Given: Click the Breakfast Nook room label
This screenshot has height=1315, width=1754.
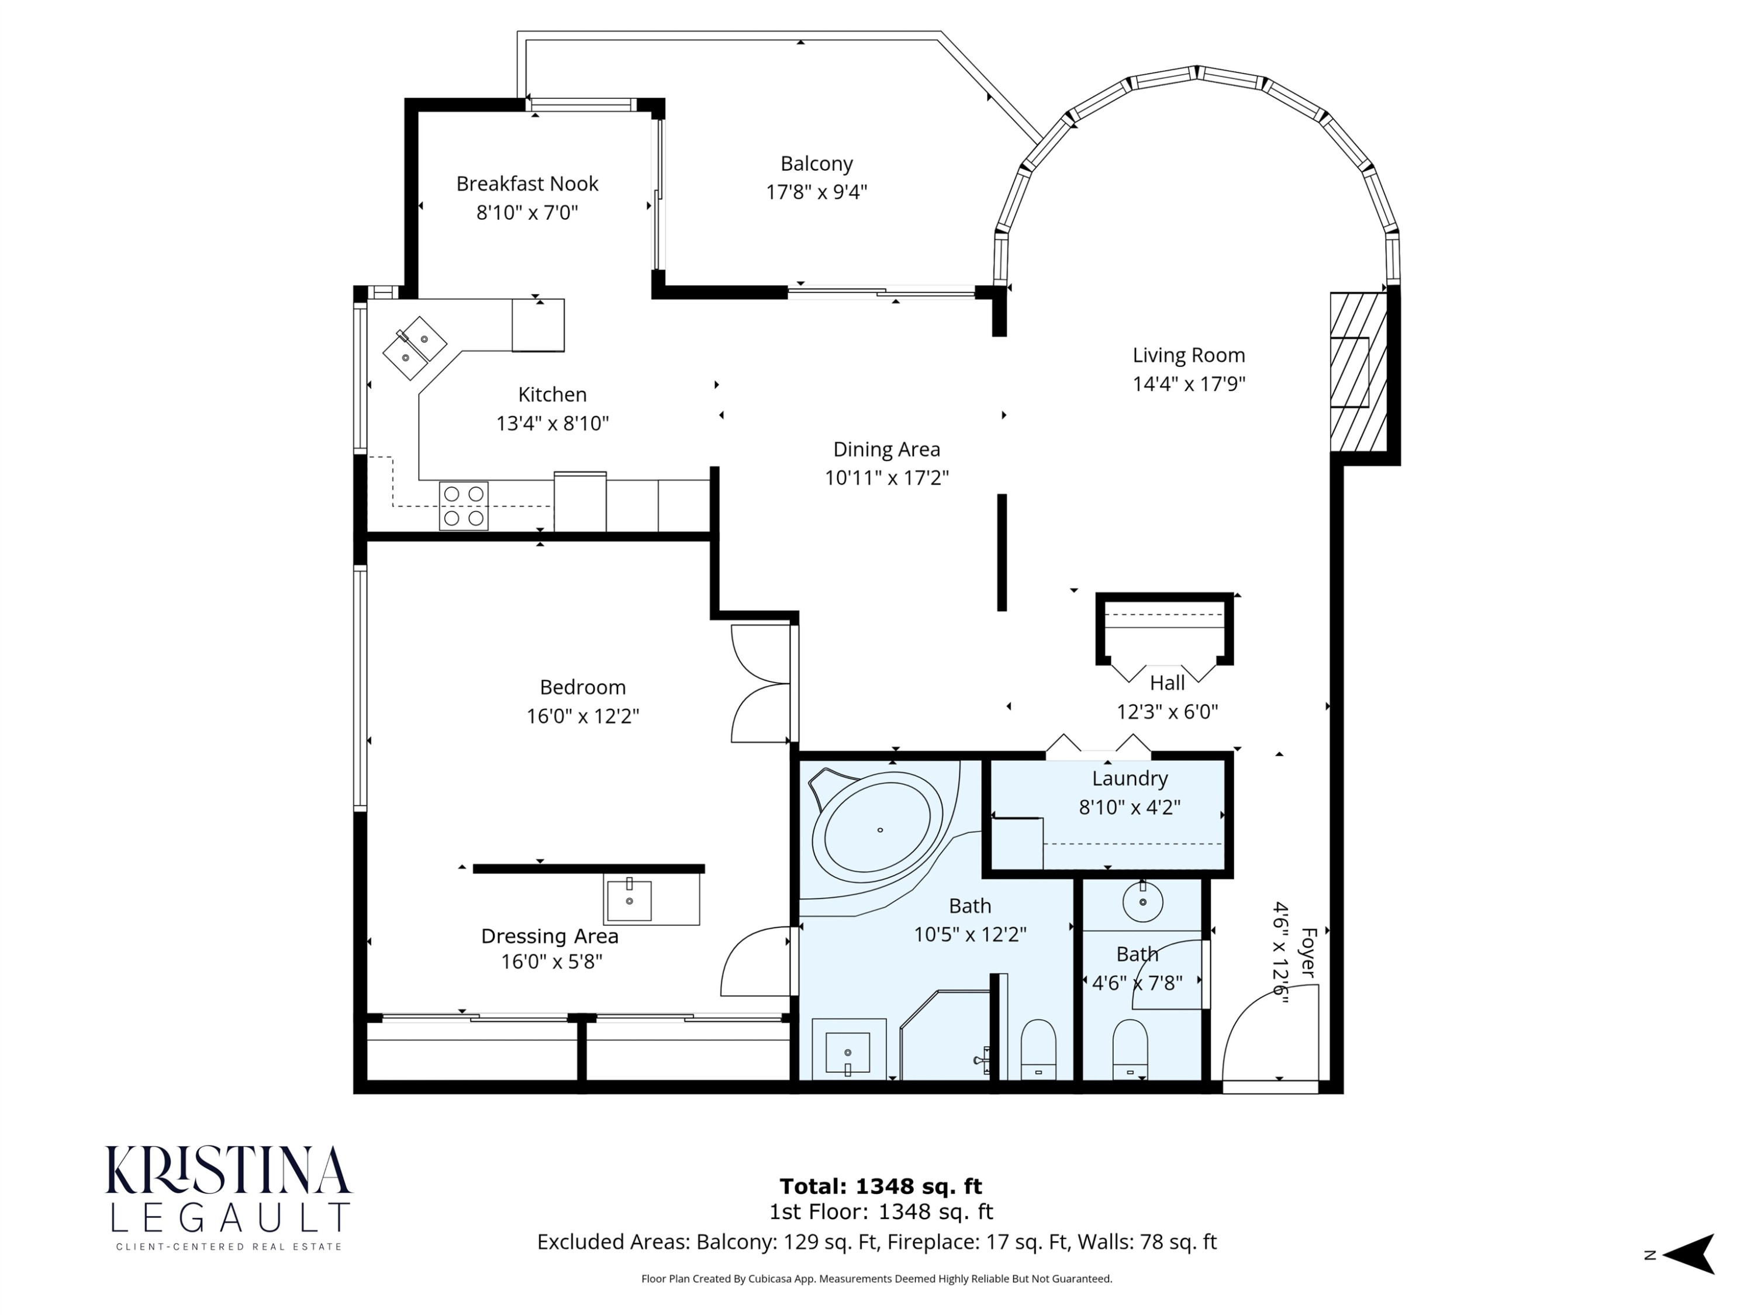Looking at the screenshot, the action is tap(527, 184).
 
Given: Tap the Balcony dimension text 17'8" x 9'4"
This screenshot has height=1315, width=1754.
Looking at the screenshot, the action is tap(817, 192).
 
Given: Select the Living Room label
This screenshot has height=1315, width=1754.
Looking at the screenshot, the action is tap(1189, 355).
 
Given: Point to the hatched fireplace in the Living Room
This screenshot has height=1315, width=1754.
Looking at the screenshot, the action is tap(1359, 372).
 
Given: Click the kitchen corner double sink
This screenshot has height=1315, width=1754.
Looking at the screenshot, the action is tap(415, 349).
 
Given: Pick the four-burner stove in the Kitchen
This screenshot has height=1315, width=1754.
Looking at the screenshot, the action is tap(464, 506).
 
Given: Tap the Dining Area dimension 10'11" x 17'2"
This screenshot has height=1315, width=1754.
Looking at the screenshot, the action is tap(886, 478).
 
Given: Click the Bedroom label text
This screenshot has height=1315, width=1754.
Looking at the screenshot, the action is tap(583, 687).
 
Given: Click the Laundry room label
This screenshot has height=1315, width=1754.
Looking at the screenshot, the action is tap(1130, 778).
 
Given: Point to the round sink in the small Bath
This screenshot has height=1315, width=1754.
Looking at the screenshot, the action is tap(1142, 901).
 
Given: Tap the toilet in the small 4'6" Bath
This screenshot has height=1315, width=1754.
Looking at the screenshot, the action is tap(1130, 1048).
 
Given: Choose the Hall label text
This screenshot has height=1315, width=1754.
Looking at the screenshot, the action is tap(1167, 683).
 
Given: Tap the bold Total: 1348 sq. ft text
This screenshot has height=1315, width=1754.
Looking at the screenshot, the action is tap(881, 1186).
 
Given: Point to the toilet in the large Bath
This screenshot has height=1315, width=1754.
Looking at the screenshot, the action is tap(1038, 1048).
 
